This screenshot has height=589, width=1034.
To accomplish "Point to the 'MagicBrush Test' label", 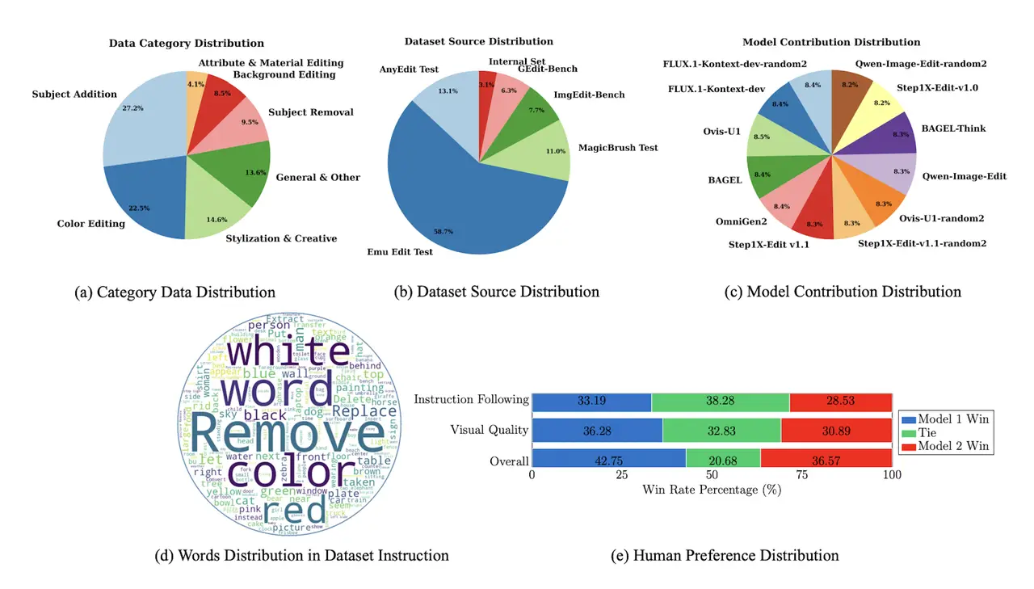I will click(x=618, y=148).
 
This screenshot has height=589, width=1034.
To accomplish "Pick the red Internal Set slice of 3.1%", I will click(x=487, y=83).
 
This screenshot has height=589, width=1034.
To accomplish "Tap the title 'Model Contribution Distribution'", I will click(x=831, y=42).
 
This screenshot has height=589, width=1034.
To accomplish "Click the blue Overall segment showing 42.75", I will click(x=608, y=461).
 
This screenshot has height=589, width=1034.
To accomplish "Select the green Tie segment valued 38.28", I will click(x=720, y=401).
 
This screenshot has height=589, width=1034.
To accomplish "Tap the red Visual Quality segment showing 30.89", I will click(x=836, y=431).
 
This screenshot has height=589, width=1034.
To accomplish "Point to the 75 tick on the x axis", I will click(x=801, y=475).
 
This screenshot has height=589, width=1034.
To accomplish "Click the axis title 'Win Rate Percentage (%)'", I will click(x=712, y=490).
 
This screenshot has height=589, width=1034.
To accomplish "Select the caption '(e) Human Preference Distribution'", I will click(x=735, y=556).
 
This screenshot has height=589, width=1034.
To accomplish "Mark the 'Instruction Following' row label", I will click(x=473, y=400).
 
